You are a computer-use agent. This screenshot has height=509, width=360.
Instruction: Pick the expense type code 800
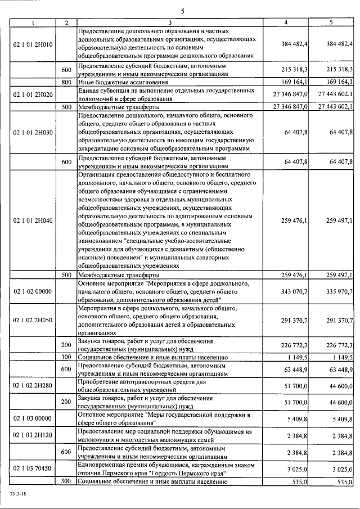[x=66, y=82]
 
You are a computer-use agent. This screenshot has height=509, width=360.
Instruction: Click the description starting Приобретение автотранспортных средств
[x=146, y=386]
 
